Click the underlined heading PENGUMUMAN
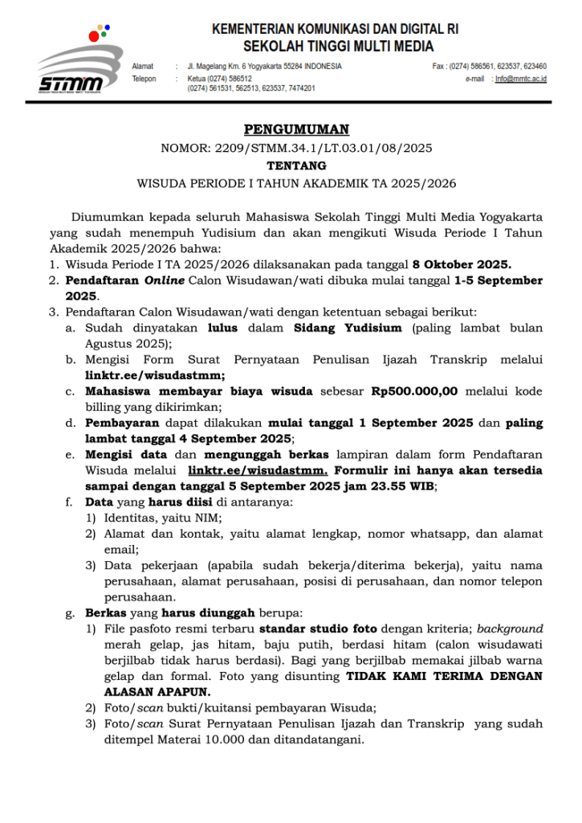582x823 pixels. click(x=296, y=129)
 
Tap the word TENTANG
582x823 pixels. click(x=296, y=166)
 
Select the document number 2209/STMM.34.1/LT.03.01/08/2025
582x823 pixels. click(x=324, y=148)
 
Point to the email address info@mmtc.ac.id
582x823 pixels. click(x=521, y=79)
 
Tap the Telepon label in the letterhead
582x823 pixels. click(x=144, y=79)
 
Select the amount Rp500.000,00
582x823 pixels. click(x=414, y=392)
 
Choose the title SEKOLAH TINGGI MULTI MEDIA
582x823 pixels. click(x=338, y=46)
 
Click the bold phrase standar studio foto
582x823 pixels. click(x=325, y=629)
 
